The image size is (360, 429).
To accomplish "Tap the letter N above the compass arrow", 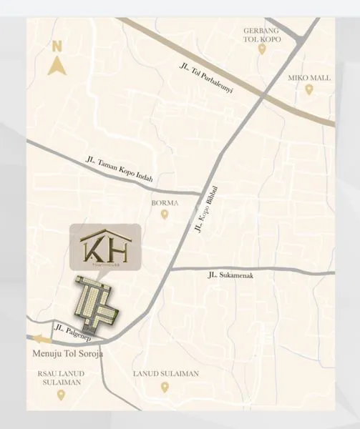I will point(57,46).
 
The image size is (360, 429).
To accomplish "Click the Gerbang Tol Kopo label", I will point(261,35).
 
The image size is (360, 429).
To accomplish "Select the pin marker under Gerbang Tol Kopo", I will point(262,49).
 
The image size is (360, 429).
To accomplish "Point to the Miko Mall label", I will point(309,77).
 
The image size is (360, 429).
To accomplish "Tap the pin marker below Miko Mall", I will point(309,90).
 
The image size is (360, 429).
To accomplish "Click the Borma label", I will point(164,202).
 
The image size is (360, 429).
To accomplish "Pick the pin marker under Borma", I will point(165,214).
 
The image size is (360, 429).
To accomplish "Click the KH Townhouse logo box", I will point(106,250).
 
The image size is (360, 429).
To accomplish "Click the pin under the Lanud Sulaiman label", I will point(165,387).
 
